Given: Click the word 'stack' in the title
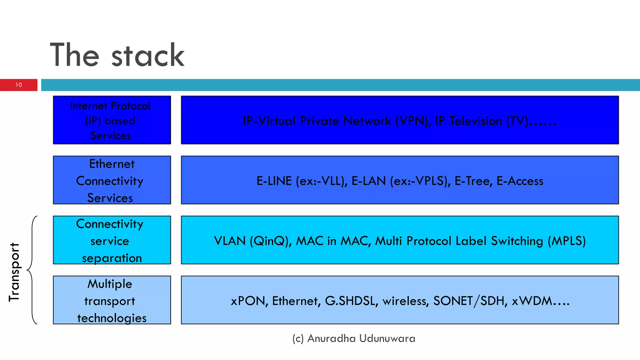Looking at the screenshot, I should point(148,56).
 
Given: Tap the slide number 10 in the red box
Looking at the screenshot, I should point(19,85).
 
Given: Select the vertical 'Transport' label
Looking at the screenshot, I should point(14,272).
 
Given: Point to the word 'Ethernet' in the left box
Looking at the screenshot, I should point(112,164).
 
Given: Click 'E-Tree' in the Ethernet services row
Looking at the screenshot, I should point(473,181).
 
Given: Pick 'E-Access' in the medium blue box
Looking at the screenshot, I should point(520,181).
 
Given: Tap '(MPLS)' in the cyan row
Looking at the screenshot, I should point(567,241).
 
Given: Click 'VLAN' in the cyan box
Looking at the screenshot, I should point(230,241).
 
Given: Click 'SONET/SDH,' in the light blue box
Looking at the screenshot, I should point(470,301).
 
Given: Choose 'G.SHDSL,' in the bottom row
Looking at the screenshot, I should point(351,301).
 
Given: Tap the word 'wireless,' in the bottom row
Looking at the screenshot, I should point(406,301).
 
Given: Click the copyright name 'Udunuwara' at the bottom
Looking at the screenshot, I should point(387,338).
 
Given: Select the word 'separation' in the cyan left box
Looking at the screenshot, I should point(112,258).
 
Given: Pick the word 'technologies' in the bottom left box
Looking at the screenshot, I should point(112,318).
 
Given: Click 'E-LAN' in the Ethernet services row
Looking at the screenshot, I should point(368,181).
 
